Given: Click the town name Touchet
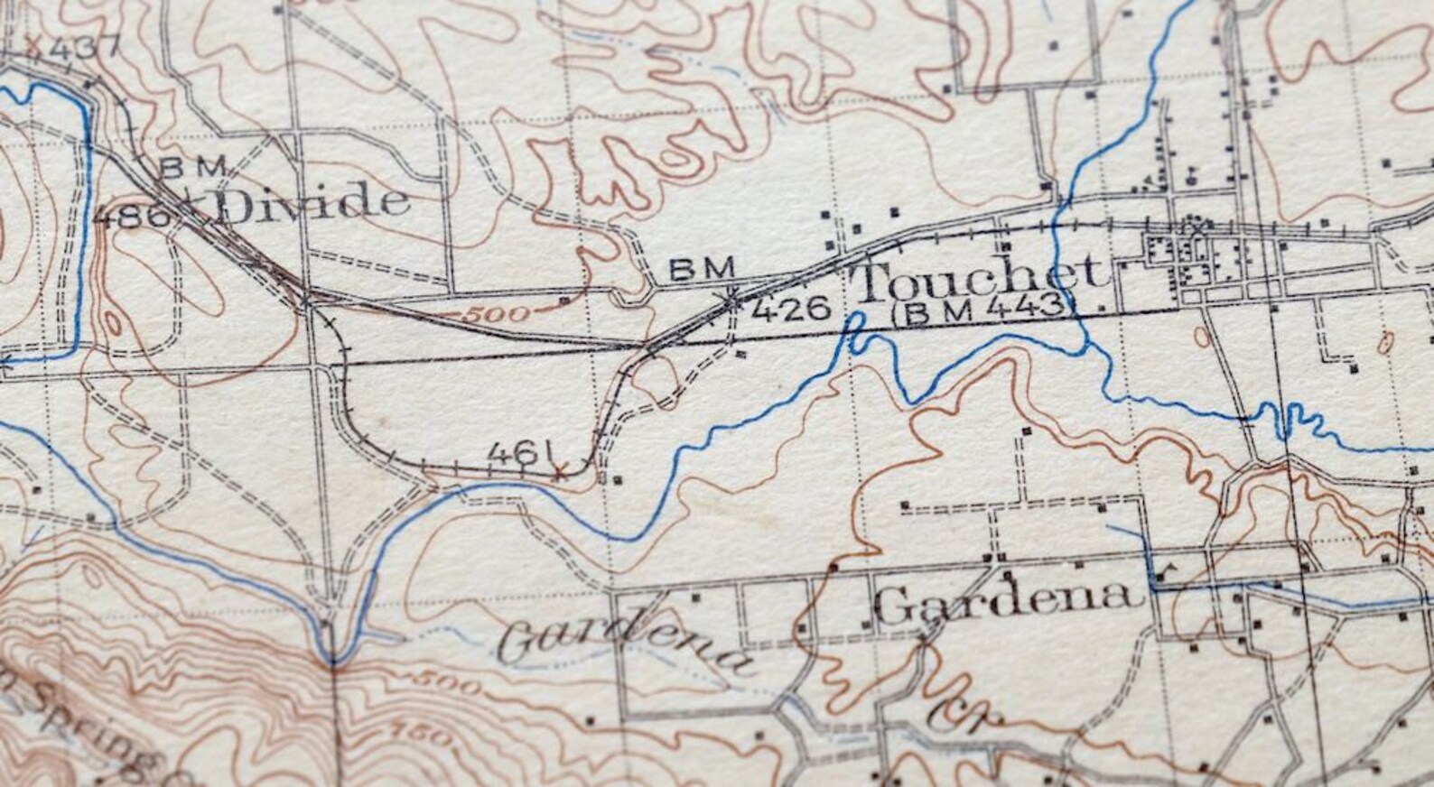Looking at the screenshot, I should coord(980,277).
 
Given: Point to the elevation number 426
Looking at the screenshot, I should coord(790,310).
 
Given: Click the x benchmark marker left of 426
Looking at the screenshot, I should coord(732,296).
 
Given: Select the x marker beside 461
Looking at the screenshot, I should coord(560,471).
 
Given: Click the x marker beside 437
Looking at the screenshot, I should coord(34,42).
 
